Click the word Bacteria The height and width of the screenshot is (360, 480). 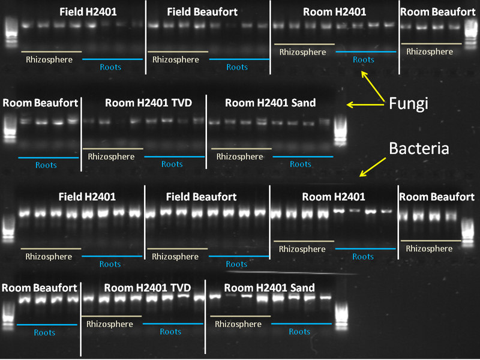pyautogui.click(x=419, y=148)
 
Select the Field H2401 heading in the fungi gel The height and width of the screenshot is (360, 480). pyautogui.click(x=88, y=11)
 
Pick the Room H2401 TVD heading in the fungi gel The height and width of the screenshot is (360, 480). pyautogui.click(x=148, y=103)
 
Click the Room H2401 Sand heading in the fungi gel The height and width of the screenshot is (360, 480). pyautogui.click(x=270, y=103)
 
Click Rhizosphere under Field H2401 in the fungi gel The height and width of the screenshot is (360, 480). pyautogui.click(x=49, y=59)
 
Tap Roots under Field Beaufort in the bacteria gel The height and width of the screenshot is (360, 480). pyautogui.click(x=236, y=264)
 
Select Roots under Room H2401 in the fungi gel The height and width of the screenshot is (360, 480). pyautogui.click(x=364, y=59)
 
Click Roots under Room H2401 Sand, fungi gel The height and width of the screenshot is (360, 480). pyautogui.click(x=301, y=164)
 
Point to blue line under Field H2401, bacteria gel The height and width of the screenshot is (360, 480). pyautogui.click(x=112, y=257)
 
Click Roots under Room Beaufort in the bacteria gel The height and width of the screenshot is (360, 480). pyautogui.click(x=44, y=332)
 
